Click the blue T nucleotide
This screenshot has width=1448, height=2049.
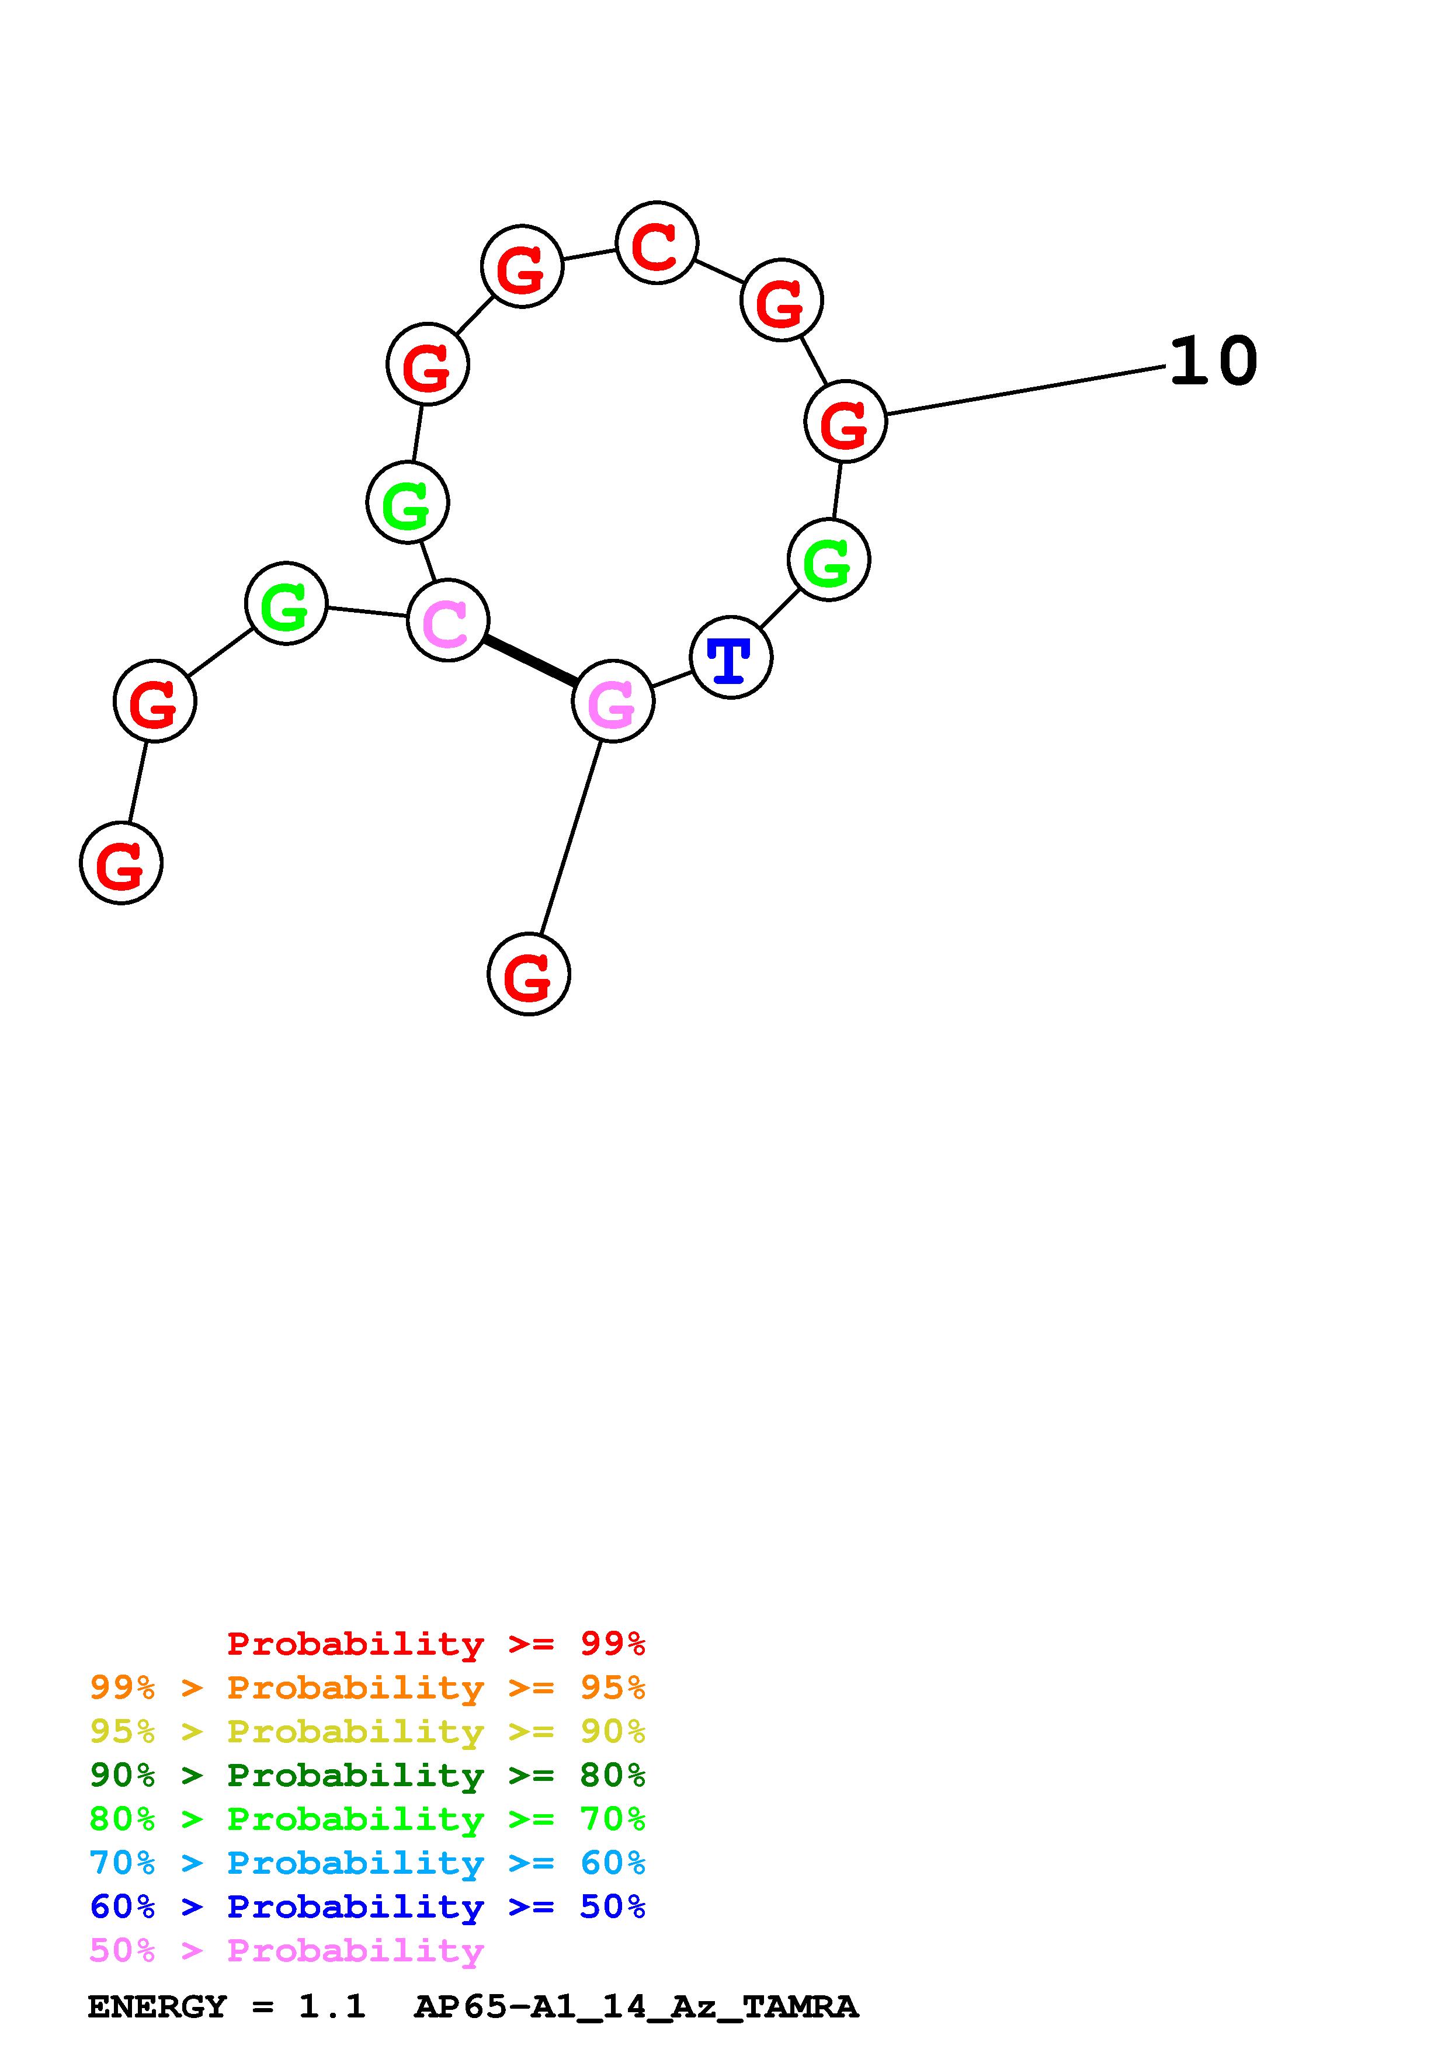[731, 658]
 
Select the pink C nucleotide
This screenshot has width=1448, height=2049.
[447, 621]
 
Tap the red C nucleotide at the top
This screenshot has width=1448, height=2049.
[657, 243]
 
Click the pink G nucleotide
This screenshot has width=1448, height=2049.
[613, 701]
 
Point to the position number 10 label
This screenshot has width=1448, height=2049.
[1213, 362]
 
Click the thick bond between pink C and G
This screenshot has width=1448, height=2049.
[530, 661]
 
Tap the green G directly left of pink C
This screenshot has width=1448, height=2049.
[286, 603]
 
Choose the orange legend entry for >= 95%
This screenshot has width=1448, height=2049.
[367, 1687]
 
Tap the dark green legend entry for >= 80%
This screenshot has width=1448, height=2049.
[367, 1775]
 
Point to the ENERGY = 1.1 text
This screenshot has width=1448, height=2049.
[227, 2007]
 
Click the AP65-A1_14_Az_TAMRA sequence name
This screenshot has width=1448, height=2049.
[636, 2007]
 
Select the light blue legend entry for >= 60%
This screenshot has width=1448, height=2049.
[367, 1863]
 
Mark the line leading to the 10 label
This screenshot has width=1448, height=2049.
[1026, 390]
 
